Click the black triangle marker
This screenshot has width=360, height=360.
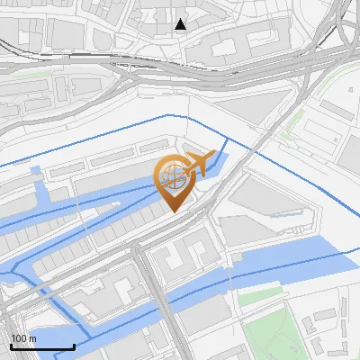click(181, 24)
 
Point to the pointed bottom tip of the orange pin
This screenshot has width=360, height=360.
click(174, 211)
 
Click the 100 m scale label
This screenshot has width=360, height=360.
click(23, 337)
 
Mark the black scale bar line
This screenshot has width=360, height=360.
click(41, 346)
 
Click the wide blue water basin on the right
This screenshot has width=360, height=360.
click(297, 261)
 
